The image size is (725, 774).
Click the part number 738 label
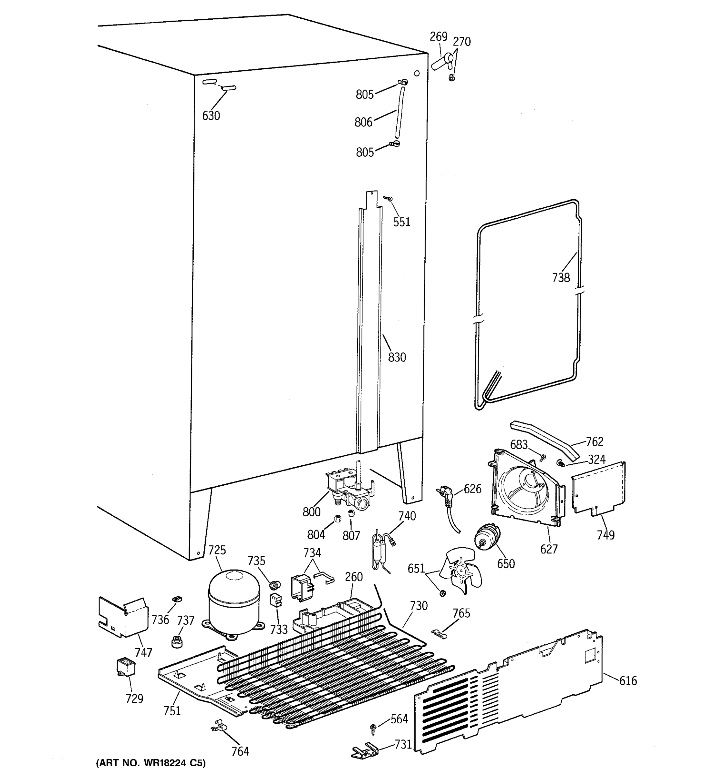[x=561, y=278]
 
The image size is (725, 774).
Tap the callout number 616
[x=628, y=680]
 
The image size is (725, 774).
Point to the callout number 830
[x=397, y=357]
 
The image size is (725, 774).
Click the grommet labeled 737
[x=177, y=641]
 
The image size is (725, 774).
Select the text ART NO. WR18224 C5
[x=150, y=763]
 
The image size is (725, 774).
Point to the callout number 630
[x=211, y=116]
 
